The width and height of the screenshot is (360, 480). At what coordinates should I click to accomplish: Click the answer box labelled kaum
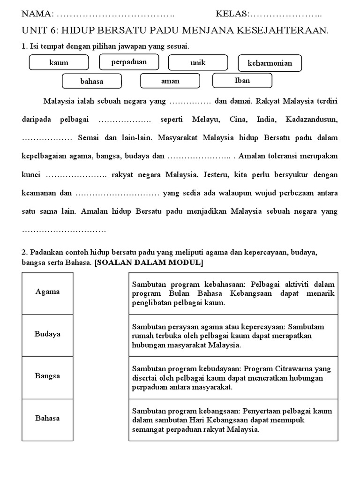coord(59,62)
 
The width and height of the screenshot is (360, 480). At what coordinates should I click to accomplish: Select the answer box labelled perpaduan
coord(129,62)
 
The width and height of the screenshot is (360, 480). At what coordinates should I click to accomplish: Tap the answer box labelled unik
coord(198,62)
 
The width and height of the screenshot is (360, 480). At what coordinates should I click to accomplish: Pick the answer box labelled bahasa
coord(92,81)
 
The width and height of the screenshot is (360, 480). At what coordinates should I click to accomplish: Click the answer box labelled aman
coord(170,81)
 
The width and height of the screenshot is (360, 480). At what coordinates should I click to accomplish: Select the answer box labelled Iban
coord(242,80)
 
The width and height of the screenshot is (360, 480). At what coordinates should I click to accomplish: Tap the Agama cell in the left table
coord(47,292)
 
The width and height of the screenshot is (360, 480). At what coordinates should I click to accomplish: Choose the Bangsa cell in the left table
coord(47,376)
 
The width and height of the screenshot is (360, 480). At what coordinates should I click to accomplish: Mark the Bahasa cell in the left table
coord(47,419)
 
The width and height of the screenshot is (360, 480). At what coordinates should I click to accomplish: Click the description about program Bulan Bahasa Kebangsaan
coord(233,293)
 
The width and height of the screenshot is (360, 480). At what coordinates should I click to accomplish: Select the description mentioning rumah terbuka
coord(233,336)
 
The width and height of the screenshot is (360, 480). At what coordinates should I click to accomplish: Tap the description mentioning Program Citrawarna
coord(233,378)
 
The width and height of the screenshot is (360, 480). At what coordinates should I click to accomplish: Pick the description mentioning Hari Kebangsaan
coord(233,420)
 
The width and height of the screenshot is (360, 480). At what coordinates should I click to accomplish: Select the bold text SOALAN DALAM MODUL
coord(149,263)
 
